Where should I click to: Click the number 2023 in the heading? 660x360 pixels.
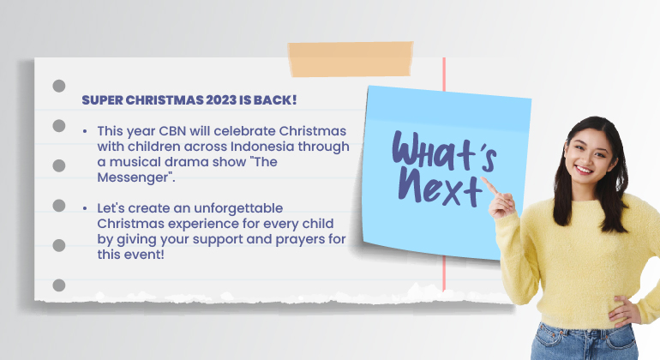coord(221,100)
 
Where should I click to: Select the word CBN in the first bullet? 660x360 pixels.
coord(172,131)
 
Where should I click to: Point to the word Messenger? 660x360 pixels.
coord(133,177)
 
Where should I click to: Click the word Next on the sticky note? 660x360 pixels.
coord(441,189)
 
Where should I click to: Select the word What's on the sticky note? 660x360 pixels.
coord(444,151)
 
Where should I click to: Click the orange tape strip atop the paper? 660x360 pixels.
coord(351,59)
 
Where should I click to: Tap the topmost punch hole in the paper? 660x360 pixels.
coord(59,86)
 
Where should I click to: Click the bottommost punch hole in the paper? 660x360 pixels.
coord(59,285)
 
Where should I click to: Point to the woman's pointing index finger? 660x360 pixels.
coord(489,185)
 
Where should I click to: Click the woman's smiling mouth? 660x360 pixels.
coord(584,170)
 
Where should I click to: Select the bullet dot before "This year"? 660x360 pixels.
coord(85,131)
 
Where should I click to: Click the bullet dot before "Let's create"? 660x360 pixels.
coord(85,208)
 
